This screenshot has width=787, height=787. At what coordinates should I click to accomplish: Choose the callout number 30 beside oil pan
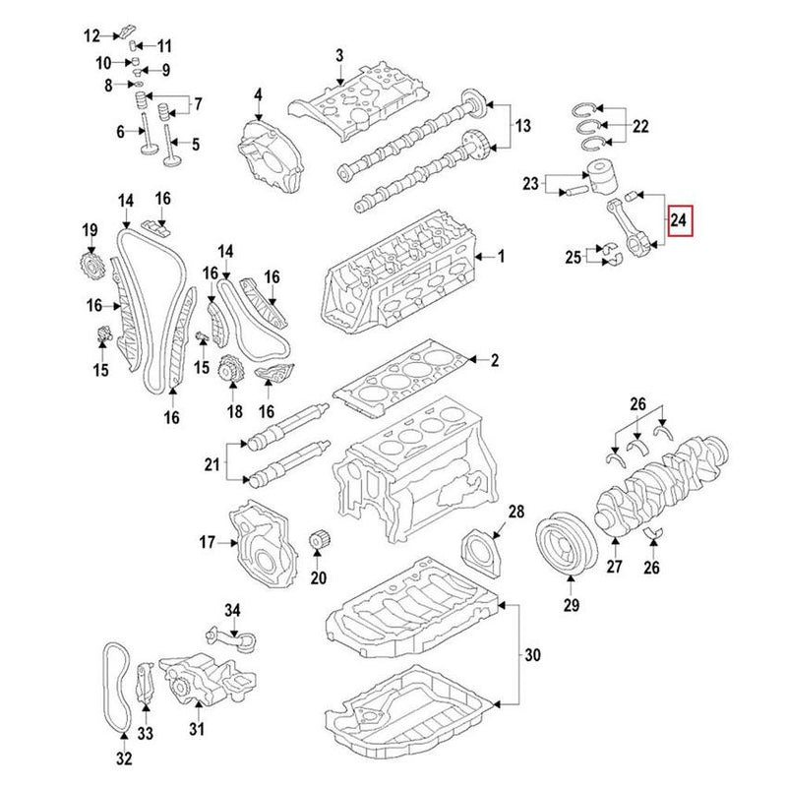tap(531, 653)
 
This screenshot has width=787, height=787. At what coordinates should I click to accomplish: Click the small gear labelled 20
tap(318, 543)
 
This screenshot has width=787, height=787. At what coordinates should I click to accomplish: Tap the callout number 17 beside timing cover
tap(207, 542)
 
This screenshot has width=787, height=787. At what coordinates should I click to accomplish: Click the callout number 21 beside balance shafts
tap(212, 461)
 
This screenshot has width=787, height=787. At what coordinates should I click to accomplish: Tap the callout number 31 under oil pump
tap(196, 729)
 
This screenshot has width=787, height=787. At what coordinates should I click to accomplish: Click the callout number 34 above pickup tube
tap(231, 611)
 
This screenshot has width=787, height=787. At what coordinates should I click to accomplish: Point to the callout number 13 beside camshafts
tap(521, 126)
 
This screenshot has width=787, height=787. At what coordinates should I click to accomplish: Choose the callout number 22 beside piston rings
tap(639, 126)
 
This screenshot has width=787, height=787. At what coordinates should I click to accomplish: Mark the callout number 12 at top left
tap(91, 36)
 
